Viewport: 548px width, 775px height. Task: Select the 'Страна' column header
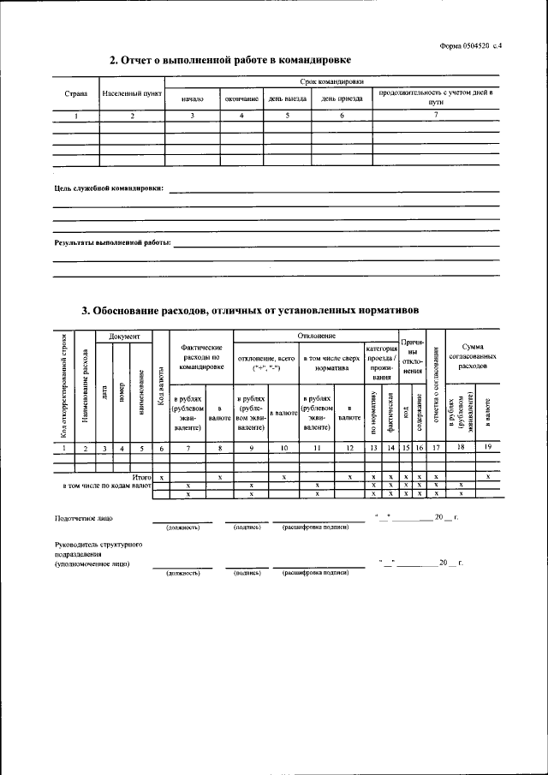click(75, 93)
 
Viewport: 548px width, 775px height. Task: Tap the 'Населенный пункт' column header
click(132, 93)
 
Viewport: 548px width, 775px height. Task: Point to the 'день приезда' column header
click(342, 98)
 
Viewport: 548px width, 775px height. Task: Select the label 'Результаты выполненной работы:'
click(112, 243)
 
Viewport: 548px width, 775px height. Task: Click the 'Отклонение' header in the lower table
click(316, 336)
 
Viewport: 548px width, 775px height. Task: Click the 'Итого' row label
click(141, 476)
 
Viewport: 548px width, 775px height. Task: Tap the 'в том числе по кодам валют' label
click(108, 485)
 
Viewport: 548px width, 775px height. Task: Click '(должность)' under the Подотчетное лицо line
click(182, 528)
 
